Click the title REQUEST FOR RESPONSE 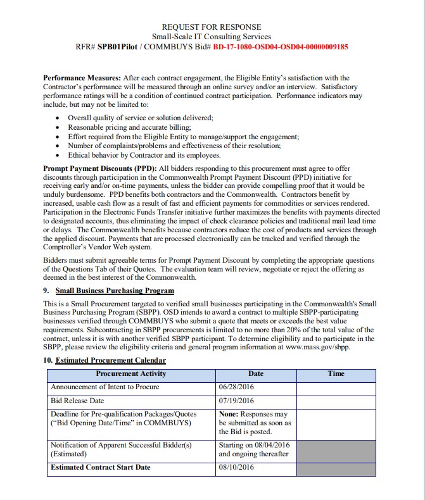[x=211, y=27]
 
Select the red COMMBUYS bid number [x=281, y=46]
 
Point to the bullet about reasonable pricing [x=120, y=127]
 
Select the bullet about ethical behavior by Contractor [x=144, y=155]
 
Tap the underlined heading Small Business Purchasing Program [x=115, y=291]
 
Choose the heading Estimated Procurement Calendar [x=110, y=360]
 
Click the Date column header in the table [x=256, y=373]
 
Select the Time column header [x=336, y=373]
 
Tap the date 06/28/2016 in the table [x=236, y=387]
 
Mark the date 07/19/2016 [x=236, y=401]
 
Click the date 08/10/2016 [x=236, y=467]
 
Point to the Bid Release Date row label [x=77, y=401]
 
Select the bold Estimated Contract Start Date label [x=100, y=467]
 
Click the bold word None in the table [x=229, y=414]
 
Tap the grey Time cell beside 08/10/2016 [x=336, y=468]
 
